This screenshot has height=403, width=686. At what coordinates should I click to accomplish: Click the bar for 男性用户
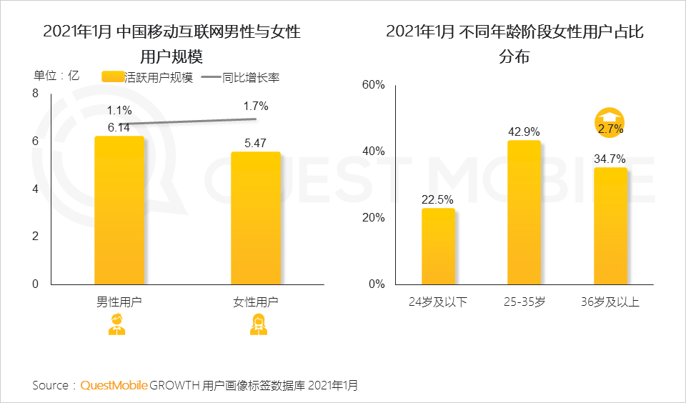(119, 210)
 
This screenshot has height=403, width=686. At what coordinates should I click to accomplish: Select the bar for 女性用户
(256, 218)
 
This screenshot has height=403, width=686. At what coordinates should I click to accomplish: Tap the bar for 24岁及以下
(438, 246)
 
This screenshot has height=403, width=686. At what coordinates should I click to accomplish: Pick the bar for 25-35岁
(524, 212)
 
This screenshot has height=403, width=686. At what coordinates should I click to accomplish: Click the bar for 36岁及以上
(610, 226)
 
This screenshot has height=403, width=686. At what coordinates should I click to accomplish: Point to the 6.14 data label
(119, 127)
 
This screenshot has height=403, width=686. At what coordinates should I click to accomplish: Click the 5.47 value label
(256, 143)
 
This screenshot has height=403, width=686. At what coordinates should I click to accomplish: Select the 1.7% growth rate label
(256, 106)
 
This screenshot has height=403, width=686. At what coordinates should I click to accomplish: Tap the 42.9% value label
(524, 132)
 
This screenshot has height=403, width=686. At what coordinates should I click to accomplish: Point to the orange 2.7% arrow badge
(610, 123)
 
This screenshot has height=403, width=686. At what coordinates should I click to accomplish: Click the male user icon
(116, 325)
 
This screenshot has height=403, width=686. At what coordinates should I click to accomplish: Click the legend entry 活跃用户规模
(148, 78)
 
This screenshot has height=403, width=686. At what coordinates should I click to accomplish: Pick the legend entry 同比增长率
(240, 78)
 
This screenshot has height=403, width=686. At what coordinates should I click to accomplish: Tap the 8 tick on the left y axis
(35, 94)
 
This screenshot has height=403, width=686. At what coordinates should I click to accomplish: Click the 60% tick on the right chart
(373, 85)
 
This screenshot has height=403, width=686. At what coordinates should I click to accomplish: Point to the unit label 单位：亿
(56, 75)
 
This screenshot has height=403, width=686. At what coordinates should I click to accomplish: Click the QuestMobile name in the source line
(114, 385)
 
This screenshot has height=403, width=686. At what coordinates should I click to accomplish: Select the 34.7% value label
(610, 159)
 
